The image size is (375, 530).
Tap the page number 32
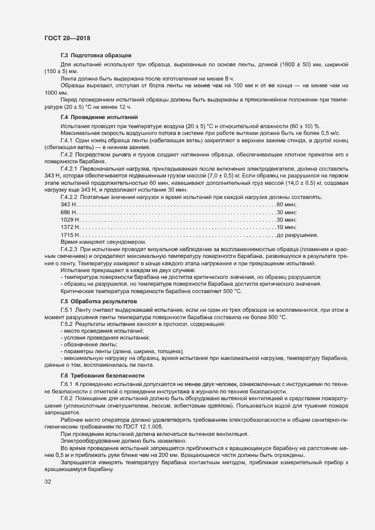tap(48, 482)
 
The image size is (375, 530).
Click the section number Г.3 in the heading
tap(64, 56)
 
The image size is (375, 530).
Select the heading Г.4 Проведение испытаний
tap(95, 117)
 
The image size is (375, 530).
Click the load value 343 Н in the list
tap(69, 203)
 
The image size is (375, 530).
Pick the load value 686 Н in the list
tap(69, 211)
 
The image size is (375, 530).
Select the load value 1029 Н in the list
tap(70, 219)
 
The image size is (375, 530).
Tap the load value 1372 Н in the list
tap(70, 227)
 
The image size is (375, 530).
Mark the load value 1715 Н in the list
tap(70, 235)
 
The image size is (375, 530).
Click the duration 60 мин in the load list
tap(286, 203)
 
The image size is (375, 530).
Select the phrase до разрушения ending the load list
tap(297, 235)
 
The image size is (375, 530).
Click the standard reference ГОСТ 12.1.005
tap(162, 426)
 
